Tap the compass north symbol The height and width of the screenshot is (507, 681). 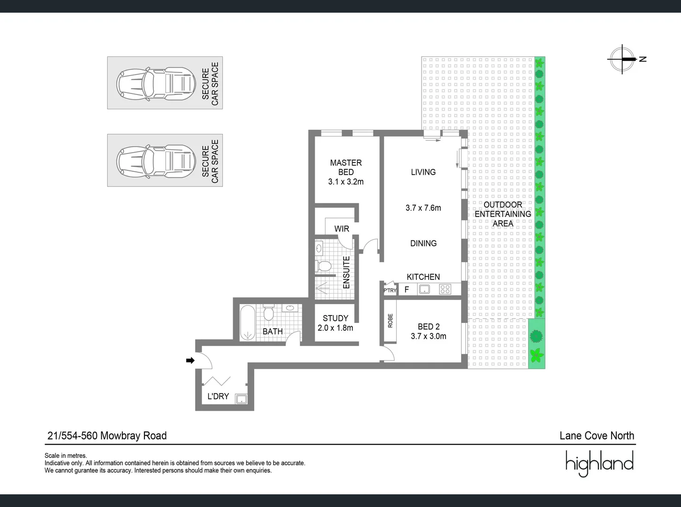point(623,59)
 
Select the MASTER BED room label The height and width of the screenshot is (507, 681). point(346,168)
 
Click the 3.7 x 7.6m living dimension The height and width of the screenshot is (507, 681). point(423,208)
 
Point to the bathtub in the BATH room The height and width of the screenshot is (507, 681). point(247,323)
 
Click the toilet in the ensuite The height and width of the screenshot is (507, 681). point(323,266)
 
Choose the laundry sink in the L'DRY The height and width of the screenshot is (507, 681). point(241,399)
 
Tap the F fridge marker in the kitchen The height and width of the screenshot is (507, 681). point(407,290)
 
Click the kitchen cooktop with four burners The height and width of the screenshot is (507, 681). point(445,290)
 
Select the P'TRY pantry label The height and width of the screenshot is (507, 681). point(390,291)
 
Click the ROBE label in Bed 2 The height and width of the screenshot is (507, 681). point(390,321)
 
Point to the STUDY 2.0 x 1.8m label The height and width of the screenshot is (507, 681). point(335,323)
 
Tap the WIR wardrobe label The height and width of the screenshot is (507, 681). point(341,229)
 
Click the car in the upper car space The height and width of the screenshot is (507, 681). point(156,84)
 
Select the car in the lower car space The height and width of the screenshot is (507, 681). point(156,161)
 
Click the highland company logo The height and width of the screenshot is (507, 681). point(599,463)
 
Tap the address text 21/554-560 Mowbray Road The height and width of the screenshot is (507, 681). point(107,436)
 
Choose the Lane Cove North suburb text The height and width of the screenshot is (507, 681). point(597,436)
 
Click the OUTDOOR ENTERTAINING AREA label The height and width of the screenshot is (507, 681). point(503,214)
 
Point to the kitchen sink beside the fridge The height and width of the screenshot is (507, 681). point(424,290)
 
